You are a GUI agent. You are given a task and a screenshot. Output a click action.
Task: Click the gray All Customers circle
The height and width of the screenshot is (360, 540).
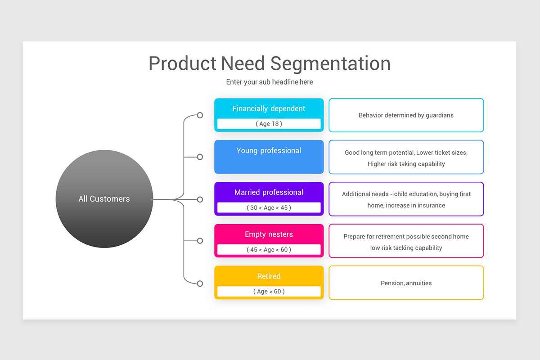104,198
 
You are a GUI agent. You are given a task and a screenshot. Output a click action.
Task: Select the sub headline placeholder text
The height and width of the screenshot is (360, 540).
269,82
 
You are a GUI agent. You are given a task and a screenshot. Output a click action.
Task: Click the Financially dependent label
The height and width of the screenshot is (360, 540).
269,108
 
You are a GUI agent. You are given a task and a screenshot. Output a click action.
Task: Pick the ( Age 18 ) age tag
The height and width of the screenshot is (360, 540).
269,124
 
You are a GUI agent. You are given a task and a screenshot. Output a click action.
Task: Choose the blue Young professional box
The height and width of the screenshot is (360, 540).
269,157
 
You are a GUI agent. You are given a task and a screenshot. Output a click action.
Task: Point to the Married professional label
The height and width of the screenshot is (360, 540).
269,192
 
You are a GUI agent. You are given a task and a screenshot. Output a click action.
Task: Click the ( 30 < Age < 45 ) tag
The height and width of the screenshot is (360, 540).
269,207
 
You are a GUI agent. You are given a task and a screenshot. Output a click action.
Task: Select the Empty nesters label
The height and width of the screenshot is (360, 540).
269,234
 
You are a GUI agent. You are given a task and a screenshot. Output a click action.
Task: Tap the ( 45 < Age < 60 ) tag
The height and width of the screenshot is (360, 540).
269,249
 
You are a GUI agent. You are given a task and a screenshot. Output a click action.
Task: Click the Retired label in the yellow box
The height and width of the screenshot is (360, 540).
269,276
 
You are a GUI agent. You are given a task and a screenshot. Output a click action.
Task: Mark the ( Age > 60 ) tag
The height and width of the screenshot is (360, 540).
269,291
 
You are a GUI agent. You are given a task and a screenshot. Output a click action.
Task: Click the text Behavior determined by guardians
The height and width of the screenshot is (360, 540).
406,115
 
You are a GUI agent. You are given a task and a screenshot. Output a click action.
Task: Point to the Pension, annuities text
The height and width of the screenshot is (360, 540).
406,283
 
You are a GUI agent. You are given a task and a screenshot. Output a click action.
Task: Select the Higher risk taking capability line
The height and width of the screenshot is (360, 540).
406,164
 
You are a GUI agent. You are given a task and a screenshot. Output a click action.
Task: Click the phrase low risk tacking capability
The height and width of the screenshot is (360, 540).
406,248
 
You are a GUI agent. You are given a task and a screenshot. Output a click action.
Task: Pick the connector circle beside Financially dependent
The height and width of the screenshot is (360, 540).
200,115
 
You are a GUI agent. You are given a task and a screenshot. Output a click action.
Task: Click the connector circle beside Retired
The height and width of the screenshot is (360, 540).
200,283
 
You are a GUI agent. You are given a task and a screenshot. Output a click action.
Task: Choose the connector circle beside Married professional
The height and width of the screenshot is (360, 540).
200,199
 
